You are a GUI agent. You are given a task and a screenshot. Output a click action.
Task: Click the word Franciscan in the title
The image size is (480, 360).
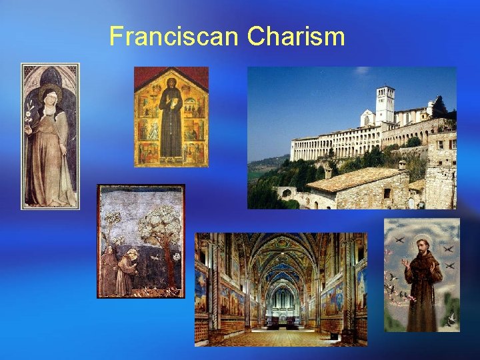click(175, 36)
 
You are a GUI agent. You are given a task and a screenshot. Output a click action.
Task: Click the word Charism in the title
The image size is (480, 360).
click(296, 36)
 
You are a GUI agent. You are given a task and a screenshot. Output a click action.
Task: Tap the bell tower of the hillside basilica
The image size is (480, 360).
click(385, 104)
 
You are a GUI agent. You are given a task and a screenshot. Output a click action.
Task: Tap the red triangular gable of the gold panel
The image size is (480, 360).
click(171, 76)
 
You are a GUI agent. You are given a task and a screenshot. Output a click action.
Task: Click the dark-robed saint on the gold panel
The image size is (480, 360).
click(171, 120)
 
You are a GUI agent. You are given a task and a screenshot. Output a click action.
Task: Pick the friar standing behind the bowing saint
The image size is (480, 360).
click(109, 270)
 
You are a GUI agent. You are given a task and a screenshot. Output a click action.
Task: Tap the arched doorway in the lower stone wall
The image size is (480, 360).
click(286, 193)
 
